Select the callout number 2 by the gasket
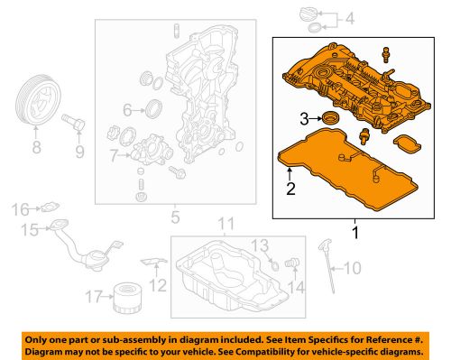[x=290, y=188]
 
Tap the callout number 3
[x=306, y=117]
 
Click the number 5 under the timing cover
[x=176, y=216]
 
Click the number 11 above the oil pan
[x=226, y=223]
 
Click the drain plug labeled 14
[x=290, y=261]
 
